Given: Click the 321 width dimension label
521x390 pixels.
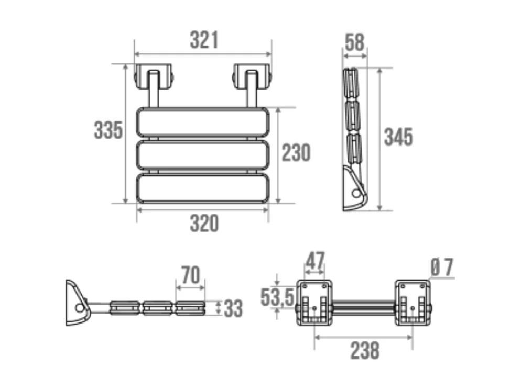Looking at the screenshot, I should click(203, 40).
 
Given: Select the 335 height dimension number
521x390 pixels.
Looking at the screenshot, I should click(108, 130).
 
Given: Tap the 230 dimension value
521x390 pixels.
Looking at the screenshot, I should click(296, 152).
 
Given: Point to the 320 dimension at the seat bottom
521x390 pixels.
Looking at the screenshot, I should click(204, 224).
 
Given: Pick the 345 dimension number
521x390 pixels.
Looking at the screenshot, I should click(398, 137).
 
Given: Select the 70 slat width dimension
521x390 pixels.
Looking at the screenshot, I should click(190, 275).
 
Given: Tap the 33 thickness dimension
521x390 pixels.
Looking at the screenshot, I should click(233, 308).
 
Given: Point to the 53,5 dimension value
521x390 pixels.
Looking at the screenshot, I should click(277, 297).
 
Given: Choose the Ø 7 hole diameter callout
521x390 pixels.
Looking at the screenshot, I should click(441, 268).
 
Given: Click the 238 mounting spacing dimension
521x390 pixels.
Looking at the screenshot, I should click(364, 350).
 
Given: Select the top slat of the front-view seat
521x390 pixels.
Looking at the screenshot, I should click(203, 122).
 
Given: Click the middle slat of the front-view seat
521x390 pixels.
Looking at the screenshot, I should click(203, 154).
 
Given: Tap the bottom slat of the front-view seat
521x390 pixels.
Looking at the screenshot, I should click(203, 188).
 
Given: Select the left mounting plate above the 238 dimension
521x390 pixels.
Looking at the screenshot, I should click(314, 303).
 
